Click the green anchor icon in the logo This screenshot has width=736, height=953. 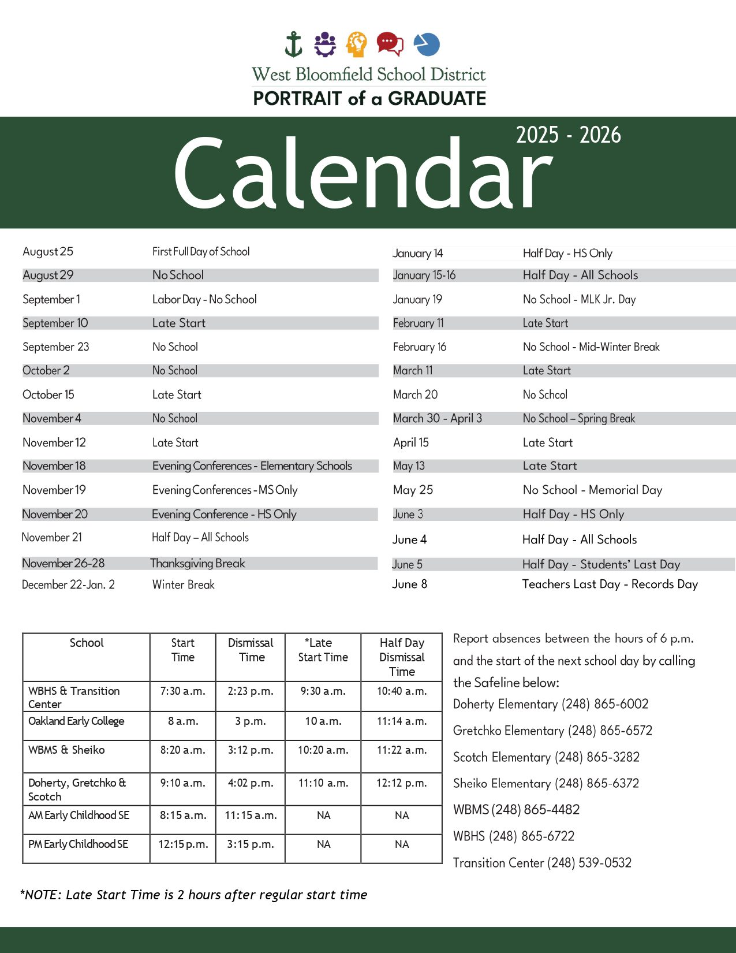tap(294, 44)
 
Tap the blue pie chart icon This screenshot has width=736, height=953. tap(427, 44)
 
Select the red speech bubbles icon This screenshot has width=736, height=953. tap(390, 44)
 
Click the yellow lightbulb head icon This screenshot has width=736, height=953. tap(357, 44)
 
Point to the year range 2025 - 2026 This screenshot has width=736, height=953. tap(568, 135)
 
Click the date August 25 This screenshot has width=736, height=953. tap(48, 251)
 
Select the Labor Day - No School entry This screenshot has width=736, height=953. tap(204, 299)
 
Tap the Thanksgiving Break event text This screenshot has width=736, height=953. tap(197, 563)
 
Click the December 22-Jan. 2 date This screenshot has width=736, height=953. tap(68, 585)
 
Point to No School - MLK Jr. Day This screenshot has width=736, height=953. tap(579, 299)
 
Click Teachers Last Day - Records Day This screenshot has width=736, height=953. tap(610, 584)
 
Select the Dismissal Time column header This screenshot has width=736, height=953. tap(251, 650)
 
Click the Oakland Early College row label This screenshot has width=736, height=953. tap(76, 721)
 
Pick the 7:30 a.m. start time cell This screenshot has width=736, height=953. tap(182, 691)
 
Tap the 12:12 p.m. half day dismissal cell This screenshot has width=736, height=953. tap(402, 783)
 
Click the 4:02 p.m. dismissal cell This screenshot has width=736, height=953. tap(251, 783)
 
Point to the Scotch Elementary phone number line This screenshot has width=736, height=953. tap(546, 757)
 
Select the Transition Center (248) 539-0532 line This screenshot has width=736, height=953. tap(542, 862)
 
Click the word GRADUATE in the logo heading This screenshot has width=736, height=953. tap(437, 99)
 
